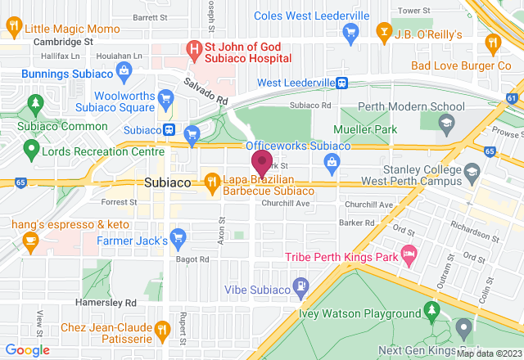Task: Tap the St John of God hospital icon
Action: pyautogui.click(x=194, y=49)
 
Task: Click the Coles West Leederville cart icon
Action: pyautogui.click(x=351, y=32)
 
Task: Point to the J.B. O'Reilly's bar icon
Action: pyautogui.click(x=382, y=32)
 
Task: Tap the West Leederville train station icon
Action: pyautogui.click(x=341, y=83)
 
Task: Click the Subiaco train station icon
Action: pyautogui.click(x=169, y=129)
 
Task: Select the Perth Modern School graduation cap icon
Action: pyautogui.click(x=446, y=123)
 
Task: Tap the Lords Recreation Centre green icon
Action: pyautogui.click(x=31, y=149)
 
